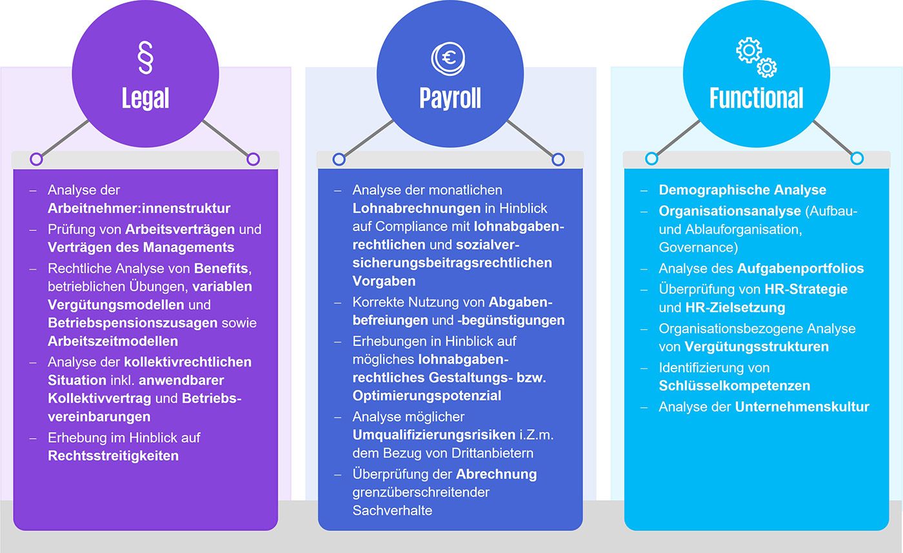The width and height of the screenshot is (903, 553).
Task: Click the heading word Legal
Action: point(145,99)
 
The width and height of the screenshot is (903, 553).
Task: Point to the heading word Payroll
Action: point(450,99)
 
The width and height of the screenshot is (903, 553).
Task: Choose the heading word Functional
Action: point(756,99)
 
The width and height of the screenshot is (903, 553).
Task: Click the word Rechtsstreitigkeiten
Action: point(113,456)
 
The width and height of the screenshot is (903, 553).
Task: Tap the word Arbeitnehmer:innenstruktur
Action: point(139,208)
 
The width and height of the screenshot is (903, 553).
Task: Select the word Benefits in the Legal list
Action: point(221,268)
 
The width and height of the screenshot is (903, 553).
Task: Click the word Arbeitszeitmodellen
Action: point(113,341)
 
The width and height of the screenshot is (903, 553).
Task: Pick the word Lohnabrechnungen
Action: point(416,208)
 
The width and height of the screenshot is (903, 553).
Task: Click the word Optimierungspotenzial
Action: point(426,396)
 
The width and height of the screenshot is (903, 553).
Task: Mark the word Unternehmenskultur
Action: point(802,407)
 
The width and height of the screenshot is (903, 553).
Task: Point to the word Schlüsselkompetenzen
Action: point(734,386)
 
